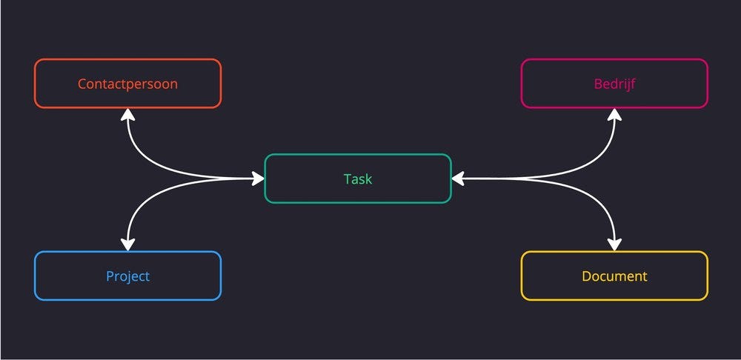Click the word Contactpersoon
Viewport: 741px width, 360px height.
[x=127, y=84]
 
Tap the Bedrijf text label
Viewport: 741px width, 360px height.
[x=614, y=84]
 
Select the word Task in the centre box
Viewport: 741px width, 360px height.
[x=358, y=179]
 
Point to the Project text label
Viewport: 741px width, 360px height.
[x=127, y=276]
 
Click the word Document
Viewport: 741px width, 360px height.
[x=614, y=276]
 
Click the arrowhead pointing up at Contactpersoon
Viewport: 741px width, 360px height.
[x=128, y=114]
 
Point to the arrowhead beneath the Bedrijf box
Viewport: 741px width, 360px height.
[x=614, y=114]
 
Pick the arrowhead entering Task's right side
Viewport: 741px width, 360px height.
[x=458, y=179]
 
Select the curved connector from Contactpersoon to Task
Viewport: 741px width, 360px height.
[x=148, y=163]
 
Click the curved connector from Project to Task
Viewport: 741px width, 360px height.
[x=148, y=195]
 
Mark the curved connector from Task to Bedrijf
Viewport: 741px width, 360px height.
[x=593, y=163]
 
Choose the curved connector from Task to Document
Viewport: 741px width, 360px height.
[x=593, y=195]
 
